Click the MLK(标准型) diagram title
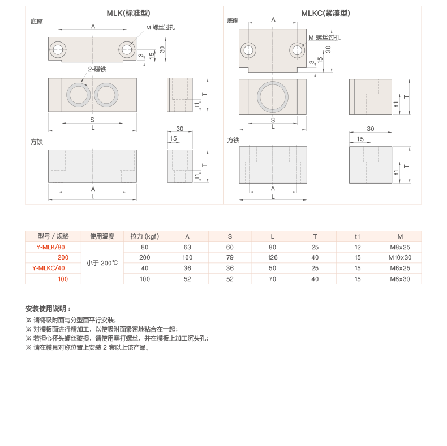click(128, 13)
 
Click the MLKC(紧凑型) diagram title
click(325, 13)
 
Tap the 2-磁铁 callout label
click(97, 69)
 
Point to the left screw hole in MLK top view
click(58, 50)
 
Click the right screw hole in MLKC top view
click(297, 50)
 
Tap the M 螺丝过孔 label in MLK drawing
click(161, 27)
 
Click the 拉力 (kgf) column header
click(144, 236)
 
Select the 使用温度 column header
click(102, 236)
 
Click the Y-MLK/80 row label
click(50, 247)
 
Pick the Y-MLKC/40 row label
click(49, 269)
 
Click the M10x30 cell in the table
click(400, 257)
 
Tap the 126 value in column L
click(273, 257)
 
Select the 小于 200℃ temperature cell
click(102, 263)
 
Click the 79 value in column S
click(230, 257)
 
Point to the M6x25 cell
click(400, 269)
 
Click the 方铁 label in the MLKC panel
click(233, 140)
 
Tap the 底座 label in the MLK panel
click(37, 22)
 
